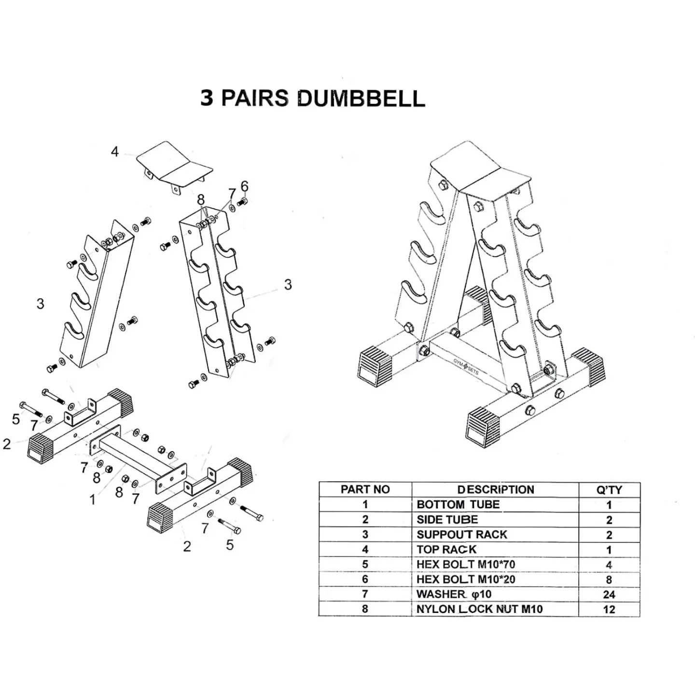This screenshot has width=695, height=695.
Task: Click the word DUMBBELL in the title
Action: (x=361, y=98)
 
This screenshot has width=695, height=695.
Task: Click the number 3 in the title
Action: (x=207, y=98)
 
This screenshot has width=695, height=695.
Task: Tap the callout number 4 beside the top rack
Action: (x=114, y=152)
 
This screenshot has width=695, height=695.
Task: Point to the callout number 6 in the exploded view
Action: (x=245, y=186)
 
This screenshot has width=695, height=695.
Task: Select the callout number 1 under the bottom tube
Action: (x=92, y=500)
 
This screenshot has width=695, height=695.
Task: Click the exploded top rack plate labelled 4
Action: (x=174, y=162)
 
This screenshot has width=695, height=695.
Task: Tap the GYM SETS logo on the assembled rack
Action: (x=466, y=367)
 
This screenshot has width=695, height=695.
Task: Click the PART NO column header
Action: (x=365, y=489)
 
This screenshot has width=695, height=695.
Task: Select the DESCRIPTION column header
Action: (x=496, y=489)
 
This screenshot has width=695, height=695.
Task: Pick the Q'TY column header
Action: (x=609, y=490)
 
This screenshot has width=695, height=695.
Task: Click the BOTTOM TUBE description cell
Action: (x=458, y=505)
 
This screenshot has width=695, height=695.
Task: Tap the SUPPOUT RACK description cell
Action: (x=462, y=535)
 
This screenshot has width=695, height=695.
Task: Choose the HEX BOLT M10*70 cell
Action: (x=466, y=564)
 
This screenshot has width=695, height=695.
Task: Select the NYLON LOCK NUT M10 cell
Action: (x=479, y=609)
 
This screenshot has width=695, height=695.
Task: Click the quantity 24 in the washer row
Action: (x=609, y=595)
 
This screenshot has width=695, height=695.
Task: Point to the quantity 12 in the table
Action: (x=609, y=610)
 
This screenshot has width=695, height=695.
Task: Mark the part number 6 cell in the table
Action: (x=365, y=579)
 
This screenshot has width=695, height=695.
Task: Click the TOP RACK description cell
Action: (x=446, y=550)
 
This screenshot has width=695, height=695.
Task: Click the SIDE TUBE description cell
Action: (x=447, y=520)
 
